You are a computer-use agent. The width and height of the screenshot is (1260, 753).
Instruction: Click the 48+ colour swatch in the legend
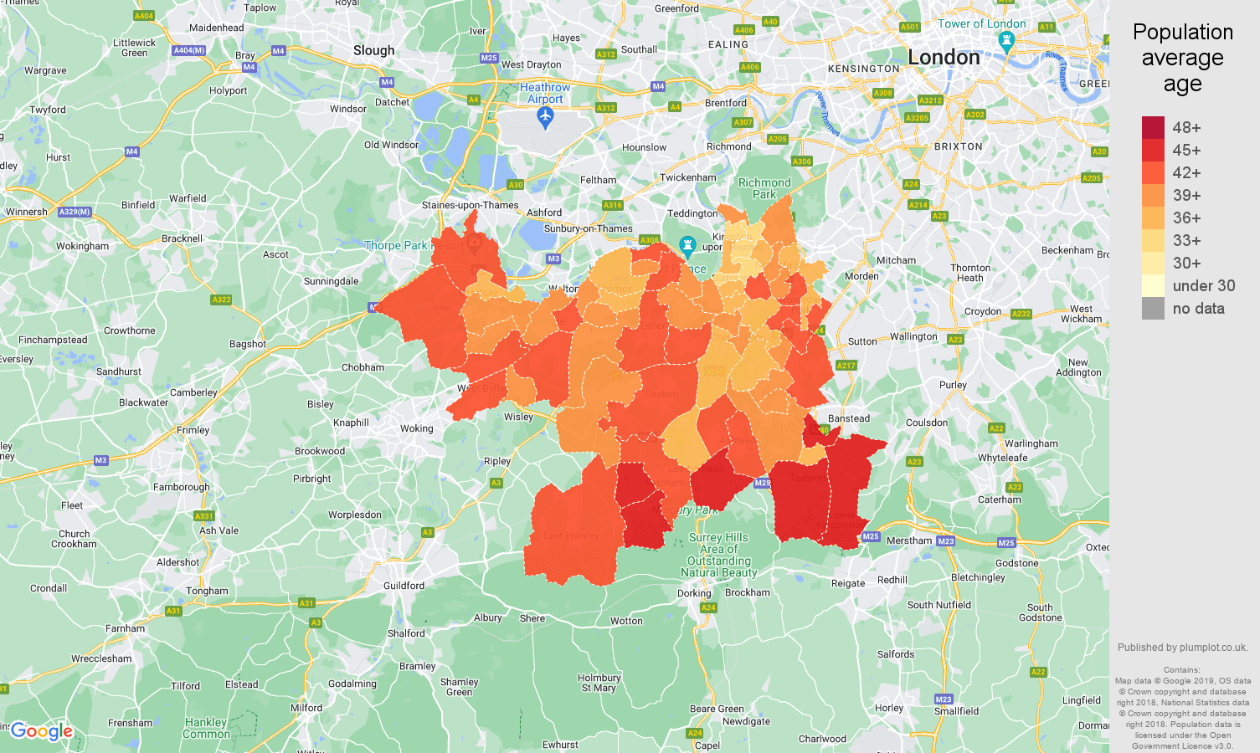pyautogui.click(x=1153, y=127)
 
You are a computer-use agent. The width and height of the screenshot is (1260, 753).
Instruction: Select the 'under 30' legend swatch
pyautogui.click(x=1153, y=285)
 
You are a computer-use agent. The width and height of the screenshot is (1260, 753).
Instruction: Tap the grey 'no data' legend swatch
pyautogui.click(x=1153, y=308)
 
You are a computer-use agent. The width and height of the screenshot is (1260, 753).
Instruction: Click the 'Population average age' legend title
pyautogui.click(x=1182, y=58)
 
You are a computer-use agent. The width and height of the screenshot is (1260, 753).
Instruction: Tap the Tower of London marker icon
pyautogui.click(x=1007, y=41)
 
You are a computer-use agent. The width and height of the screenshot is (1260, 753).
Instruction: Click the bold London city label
pyautogui.click(x=944, y=58)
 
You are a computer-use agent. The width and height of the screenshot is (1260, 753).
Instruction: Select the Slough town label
pyautogui.click(x=373, y=50)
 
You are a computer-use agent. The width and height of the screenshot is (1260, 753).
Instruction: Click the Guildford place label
pyautogui.click(x=404, y=586)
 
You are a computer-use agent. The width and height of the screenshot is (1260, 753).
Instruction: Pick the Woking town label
pyautogui.click(x=416, y=428)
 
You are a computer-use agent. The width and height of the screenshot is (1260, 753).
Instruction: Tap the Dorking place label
pyautogui.click(x=694, y=593)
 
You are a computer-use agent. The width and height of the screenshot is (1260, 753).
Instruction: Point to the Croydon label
pyautogui.click(x=982, y=311)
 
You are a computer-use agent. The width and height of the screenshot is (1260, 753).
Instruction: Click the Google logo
pyautogui.click(x=42, y=731)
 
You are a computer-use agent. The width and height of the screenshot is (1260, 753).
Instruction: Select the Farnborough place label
pyautogui.click(x=181, y=487)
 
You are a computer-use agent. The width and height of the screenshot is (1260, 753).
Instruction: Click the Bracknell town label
pyautogui.click(x=182, y=238)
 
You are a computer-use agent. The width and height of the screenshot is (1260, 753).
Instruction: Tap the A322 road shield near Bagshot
pyautogui.click(x=221, y=300)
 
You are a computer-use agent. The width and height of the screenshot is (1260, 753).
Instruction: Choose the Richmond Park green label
pyautogui.click(x=764, y=188)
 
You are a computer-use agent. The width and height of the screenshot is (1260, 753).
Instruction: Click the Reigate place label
pyautogui.click(x=847, y=583)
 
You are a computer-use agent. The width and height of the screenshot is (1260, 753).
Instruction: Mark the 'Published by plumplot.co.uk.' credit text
pyautogui.click(x=1182, y=647)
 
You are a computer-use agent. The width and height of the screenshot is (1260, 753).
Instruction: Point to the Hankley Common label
pyautogui.click(x=206, y=728)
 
